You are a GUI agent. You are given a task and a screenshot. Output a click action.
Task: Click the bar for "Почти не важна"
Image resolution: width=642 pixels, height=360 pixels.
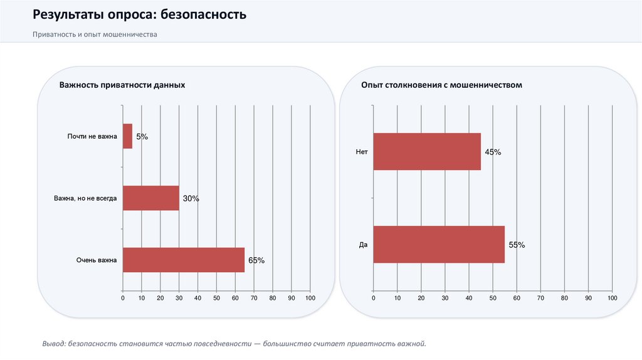pos(127,136)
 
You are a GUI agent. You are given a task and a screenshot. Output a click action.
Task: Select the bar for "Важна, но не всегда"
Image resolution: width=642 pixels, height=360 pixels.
pos(150,198)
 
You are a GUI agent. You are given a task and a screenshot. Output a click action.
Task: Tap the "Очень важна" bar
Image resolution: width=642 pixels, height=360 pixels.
pos(183,260)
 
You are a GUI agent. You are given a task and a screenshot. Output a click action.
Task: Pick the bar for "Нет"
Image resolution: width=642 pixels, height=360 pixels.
pos(426,152)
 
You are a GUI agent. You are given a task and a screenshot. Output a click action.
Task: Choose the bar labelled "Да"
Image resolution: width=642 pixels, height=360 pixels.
pos(438,245)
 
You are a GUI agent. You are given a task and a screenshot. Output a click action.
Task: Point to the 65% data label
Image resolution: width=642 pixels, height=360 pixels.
pos(256,260)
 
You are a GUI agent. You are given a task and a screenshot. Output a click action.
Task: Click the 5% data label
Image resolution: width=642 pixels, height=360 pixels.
pos(142,136)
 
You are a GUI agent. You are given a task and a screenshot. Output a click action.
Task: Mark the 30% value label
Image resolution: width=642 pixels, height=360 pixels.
pos(191,198)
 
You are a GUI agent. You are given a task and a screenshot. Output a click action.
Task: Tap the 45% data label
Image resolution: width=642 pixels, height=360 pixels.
pos(492,152)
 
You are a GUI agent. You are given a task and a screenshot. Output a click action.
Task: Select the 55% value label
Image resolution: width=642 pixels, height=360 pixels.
pos(516,245)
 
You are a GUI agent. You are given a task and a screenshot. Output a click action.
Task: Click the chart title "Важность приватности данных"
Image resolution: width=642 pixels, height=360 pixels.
pos(122,85)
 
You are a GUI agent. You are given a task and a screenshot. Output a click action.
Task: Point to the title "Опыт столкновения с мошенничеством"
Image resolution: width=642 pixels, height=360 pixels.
pos(441,85)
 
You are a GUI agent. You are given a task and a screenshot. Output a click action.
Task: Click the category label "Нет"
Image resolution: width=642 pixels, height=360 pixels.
pos(361,152)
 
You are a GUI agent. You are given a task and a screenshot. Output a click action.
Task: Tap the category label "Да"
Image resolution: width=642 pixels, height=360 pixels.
pos(363,245)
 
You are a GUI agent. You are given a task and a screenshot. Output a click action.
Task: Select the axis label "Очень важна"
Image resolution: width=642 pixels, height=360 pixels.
pos(97,260)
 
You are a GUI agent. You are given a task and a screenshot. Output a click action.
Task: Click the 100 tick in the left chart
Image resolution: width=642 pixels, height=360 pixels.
pos(310,298)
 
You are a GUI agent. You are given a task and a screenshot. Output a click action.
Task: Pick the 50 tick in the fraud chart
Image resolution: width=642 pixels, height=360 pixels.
pos(493,298)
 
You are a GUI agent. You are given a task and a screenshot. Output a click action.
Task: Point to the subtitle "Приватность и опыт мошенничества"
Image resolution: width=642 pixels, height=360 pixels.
pos(95,34)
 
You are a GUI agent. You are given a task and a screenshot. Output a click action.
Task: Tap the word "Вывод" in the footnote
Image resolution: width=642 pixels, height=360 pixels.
pos(53,344)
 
